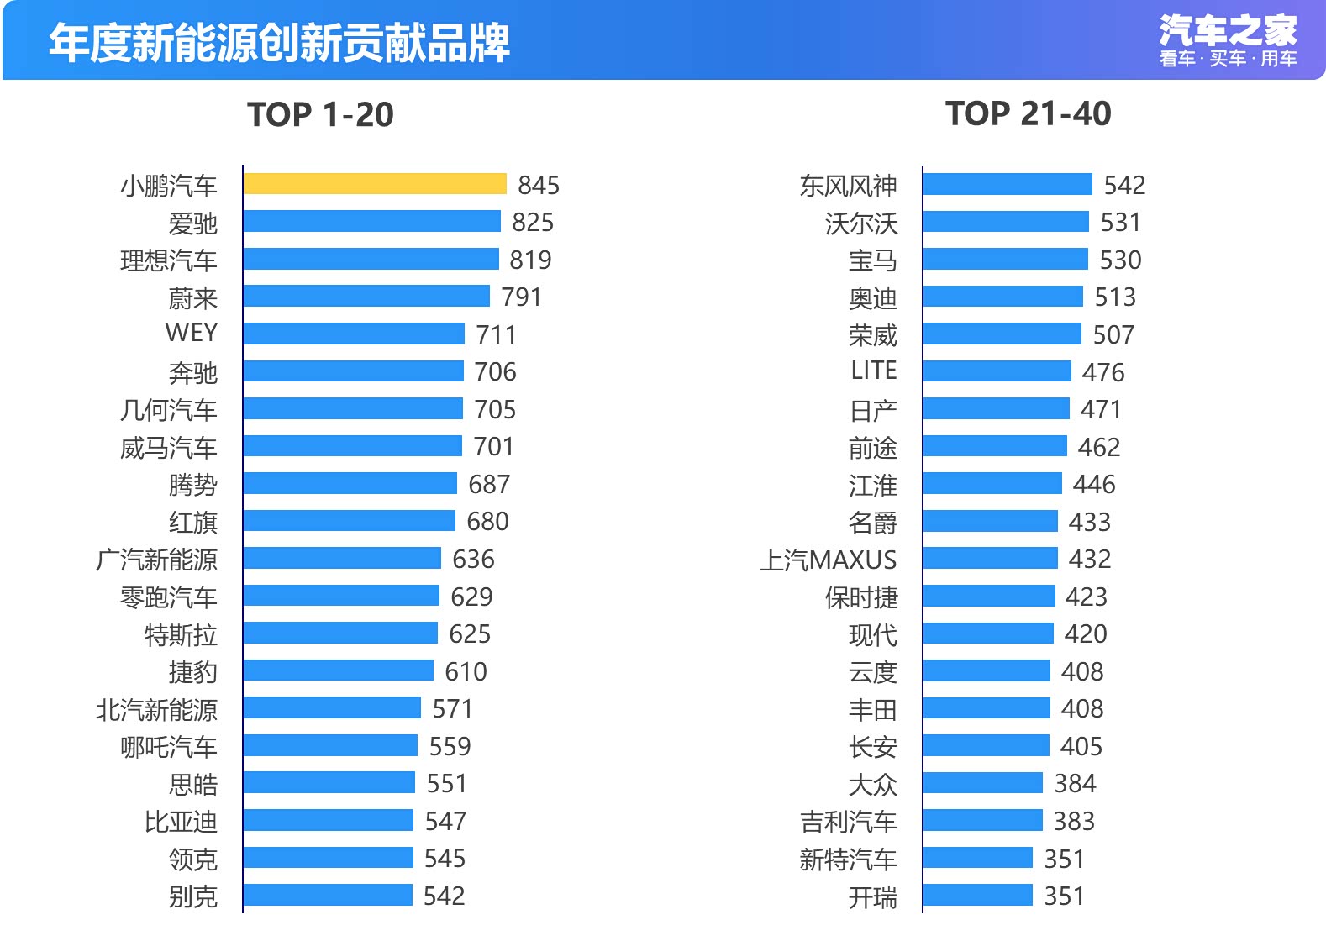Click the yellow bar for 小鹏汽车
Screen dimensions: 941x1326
(375, 184)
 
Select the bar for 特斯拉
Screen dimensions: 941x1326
(340, 633)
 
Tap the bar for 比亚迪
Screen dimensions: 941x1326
(329, 821)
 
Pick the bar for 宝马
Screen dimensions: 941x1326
(1005, 260)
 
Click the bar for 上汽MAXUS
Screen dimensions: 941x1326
(990, 559)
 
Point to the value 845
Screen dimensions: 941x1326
(539, 185)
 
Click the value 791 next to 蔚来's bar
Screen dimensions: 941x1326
(522, 297)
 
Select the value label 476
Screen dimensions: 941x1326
(1103, 372)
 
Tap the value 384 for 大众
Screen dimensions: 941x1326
(1076, 784)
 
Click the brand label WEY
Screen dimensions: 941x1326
(192, 333)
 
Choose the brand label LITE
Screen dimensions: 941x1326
(874, 371)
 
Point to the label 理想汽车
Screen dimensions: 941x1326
(169, 260)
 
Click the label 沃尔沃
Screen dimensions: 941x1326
(861, 223)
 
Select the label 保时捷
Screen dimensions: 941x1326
(861, 597)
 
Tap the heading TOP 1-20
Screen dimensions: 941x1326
(320, 114)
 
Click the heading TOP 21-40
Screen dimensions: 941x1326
(1028, 113)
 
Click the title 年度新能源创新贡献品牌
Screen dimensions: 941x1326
(279, 42)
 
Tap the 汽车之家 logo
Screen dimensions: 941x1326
(1228, 40)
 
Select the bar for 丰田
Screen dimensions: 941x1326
(987, 708)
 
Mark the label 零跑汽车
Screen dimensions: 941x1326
(169, 597)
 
